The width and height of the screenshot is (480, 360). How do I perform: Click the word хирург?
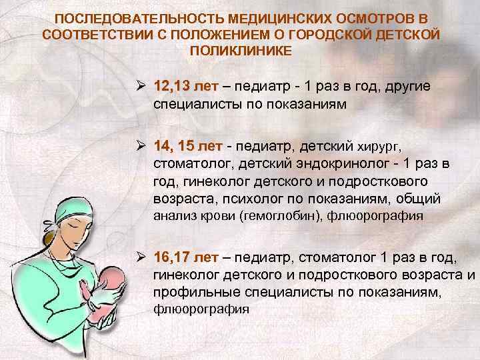point(381,146)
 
